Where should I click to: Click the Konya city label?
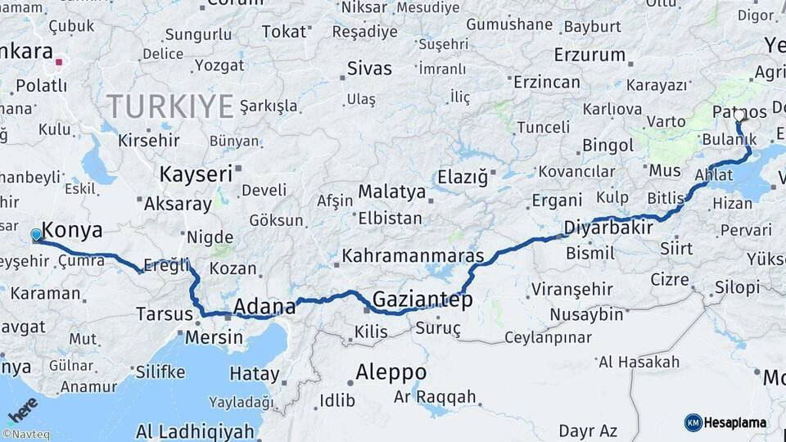[72, 229]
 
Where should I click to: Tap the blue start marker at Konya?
[36, 236]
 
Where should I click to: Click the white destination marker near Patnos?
[739, 115]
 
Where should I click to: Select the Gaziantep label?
[422, 300]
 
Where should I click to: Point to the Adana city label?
[264, 308]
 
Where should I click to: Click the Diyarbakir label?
[608, 228]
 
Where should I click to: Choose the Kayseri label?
[192, 174]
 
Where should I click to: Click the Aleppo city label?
[391, 372]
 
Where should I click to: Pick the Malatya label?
[391, 193]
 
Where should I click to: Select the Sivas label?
[369, 68]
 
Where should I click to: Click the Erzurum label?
[589, 56]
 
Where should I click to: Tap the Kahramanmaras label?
[413, 255]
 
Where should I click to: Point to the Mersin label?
[215, 336]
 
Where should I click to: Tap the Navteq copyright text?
[26, 435]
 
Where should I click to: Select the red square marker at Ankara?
[58, 61]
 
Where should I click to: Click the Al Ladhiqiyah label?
[201, 431]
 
